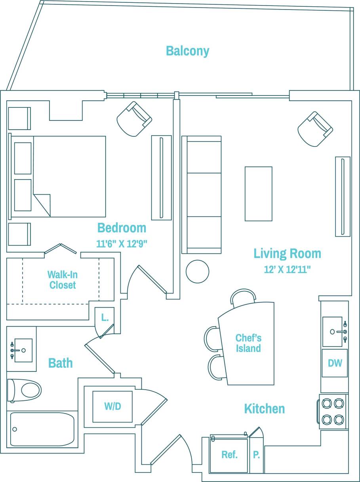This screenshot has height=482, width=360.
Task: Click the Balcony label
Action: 187,51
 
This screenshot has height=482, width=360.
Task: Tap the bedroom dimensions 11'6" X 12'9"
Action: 122,244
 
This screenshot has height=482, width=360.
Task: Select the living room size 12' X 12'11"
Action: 287,270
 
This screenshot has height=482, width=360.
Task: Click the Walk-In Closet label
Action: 63,279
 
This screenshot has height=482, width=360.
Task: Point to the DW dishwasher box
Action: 335,363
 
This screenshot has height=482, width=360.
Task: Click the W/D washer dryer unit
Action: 112,406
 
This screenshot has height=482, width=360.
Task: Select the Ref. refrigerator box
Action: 229,455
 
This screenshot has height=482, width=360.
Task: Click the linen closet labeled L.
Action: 105,318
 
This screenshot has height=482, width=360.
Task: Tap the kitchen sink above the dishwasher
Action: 333,331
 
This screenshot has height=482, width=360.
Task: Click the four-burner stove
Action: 333,411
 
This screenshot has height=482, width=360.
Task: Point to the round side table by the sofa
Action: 197,271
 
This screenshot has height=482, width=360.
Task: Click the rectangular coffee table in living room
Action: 258,193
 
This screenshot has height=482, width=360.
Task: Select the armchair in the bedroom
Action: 134,119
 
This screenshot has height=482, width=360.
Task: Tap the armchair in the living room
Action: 315,129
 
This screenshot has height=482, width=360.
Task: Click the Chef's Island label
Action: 248,343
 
